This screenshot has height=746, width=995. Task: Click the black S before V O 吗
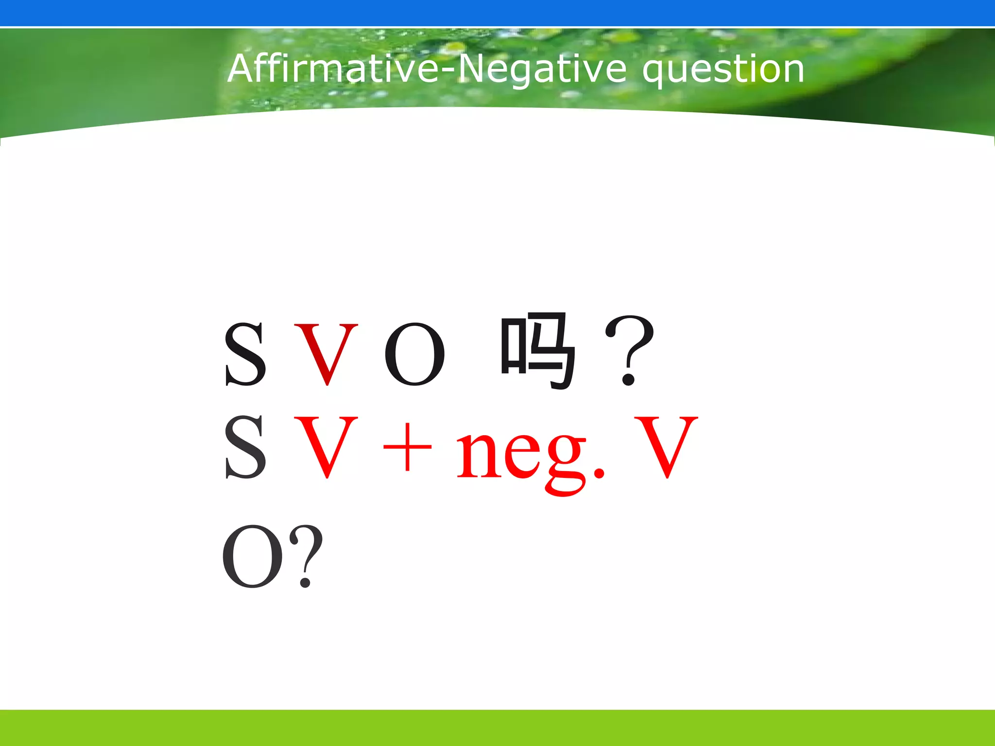click(245, 354)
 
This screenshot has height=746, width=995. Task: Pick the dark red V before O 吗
click(326, 354)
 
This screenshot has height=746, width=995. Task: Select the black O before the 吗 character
click(414, 355)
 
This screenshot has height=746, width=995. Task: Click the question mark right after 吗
click(629, 350)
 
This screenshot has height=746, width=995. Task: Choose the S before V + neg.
click(245, 447)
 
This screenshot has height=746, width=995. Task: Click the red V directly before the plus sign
click(326, 447)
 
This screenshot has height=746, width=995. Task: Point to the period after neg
click(599, 472)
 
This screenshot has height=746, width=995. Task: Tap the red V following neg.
click(666, 447)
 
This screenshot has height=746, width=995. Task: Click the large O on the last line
click(252, 556)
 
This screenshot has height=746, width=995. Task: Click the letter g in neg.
click(566, 461)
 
